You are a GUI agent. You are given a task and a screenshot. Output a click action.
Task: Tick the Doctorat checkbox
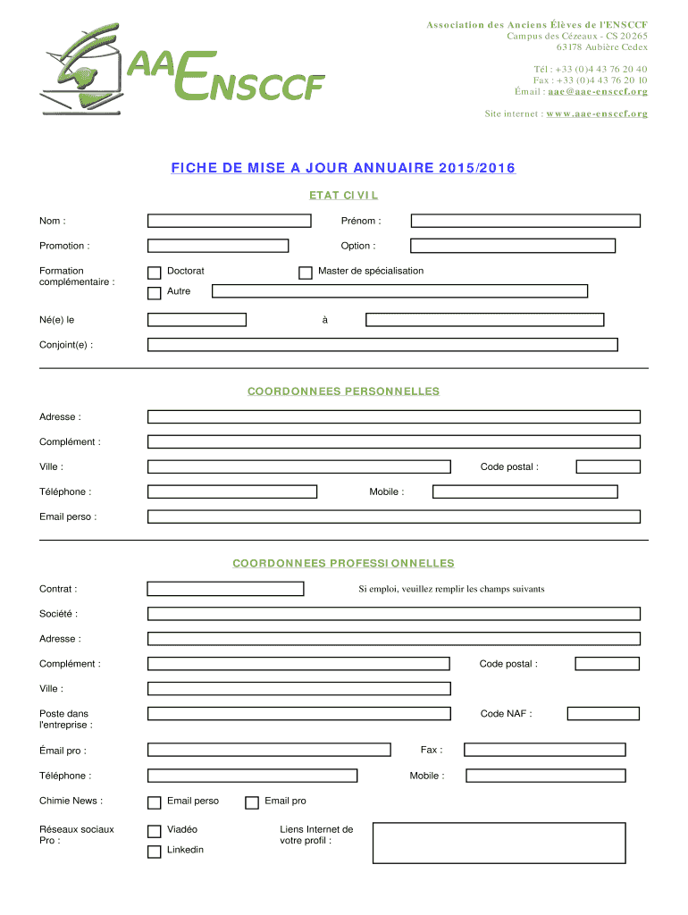[x=154, y=273]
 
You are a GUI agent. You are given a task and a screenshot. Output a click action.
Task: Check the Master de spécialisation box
[x=305, y=273]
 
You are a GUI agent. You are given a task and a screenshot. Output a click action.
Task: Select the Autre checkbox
[x=154, y=293]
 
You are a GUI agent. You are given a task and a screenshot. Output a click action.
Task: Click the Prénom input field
[x=524, y=221]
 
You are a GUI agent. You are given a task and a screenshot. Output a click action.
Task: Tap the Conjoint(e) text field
[x=382, y=345]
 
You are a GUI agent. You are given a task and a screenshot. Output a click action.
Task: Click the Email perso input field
[x=393, y=516]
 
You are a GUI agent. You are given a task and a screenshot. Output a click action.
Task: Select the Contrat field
[x=225, y=589]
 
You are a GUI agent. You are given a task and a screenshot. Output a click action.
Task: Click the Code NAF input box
[x=603, y=713]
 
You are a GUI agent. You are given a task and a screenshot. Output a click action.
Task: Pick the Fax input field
[x=544, y=750]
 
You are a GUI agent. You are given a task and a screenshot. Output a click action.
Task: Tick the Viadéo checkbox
[x=154, y=831]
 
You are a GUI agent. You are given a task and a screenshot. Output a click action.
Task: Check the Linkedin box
[x=154, y=851]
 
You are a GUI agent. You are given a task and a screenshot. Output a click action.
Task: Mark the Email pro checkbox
[x=252, y=802]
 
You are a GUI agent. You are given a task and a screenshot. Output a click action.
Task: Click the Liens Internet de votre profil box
[x=499, y=843]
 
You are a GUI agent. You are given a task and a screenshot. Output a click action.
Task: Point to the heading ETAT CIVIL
[x=344, y=195]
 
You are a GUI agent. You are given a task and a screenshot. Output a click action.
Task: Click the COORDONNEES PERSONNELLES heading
[x=344, y=391]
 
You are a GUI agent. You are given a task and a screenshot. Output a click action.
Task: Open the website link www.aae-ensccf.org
[x=597, y=114]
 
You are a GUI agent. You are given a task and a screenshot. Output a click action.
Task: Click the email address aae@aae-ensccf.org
[x=598, y=92]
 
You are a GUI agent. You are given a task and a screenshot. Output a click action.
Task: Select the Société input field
[x=393, y=614]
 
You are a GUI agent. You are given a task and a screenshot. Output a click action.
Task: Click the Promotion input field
[x=218, y=246]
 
